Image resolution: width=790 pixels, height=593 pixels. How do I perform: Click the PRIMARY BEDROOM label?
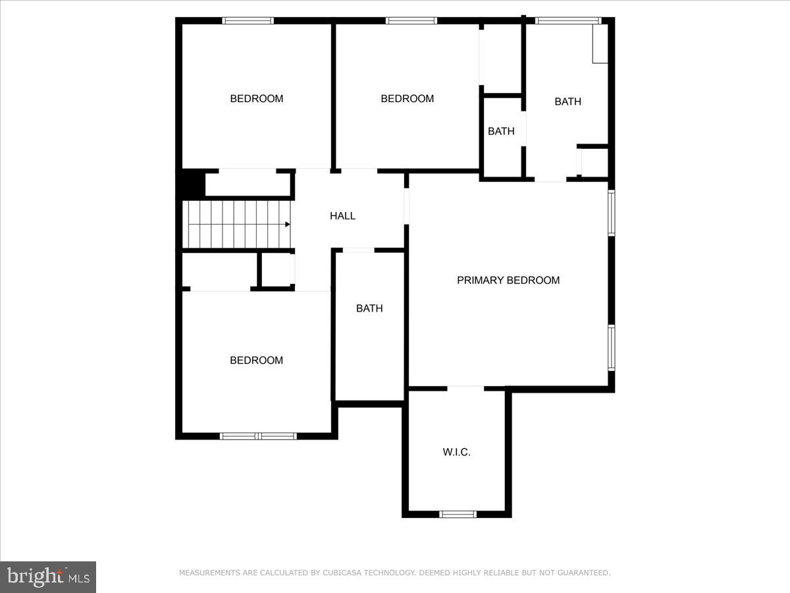tap(508, 280)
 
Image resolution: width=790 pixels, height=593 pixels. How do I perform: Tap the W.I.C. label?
tap(456, 453)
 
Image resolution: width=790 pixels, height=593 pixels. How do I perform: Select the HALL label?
tap(342, 215)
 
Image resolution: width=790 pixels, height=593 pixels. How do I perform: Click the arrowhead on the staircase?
tap(287, 224)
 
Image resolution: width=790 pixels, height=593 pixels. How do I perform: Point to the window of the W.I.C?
tap(458, 514)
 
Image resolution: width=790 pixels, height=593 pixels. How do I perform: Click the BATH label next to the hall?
tap(369, 308)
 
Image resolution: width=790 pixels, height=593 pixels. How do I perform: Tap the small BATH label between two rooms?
tap(501, 131)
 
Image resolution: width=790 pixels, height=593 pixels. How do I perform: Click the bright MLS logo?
tap(48, 577)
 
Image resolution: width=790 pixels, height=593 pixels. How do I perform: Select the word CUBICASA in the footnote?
tap(343, 573)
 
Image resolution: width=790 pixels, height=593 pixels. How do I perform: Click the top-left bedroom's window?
tap(248, 20)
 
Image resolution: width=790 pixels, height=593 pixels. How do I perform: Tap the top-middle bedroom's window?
tap(411, 20)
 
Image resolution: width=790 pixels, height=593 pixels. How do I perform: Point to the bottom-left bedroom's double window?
tap(258, 436)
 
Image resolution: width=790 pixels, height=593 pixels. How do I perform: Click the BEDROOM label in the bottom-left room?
tap(256, 360)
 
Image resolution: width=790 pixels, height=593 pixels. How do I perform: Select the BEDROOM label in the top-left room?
tap(256, 99)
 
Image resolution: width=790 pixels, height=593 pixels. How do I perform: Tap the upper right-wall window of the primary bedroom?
tap(612, 213)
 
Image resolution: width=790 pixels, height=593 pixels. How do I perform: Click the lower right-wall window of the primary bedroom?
tap(612, 347)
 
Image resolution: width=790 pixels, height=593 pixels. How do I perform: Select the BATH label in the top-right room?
tap(567, 101)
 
